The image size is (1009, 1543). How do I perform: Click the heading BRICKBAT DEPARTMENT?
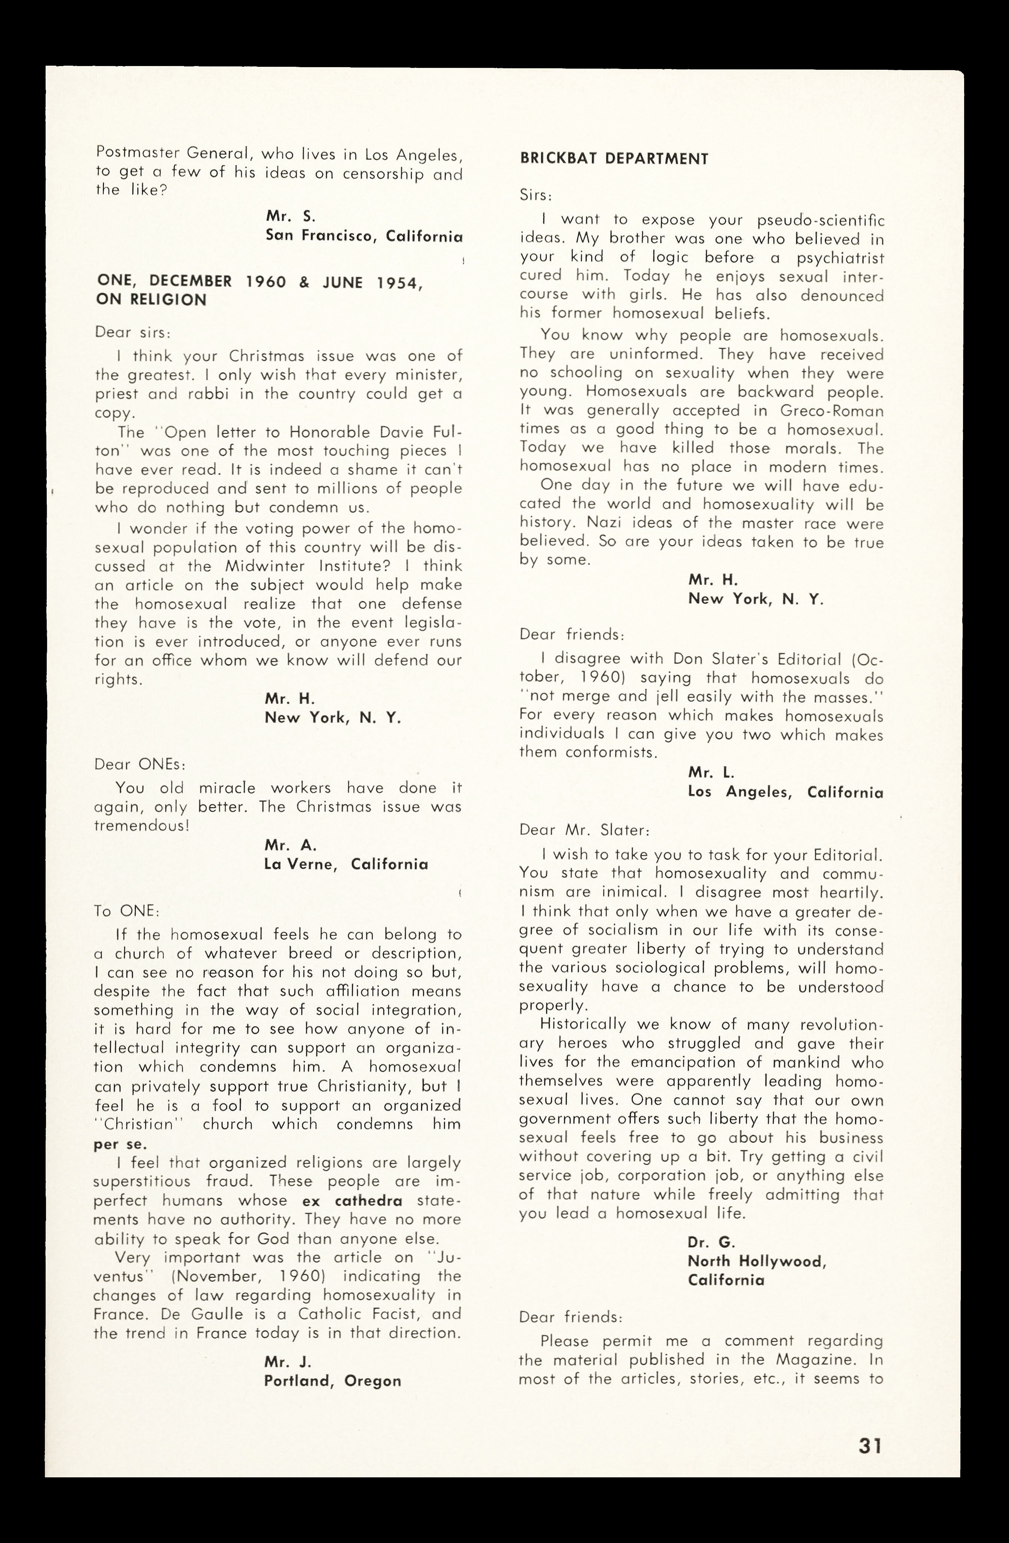[x=614, y=159]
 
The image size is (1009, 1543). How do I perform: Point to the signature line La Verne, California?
[x=346, y=864]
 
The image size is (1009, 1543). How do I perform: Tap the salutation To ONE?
[x=127, y=911]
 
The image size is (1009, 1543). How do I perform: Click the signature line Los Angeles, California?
[x=785, y=792]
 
